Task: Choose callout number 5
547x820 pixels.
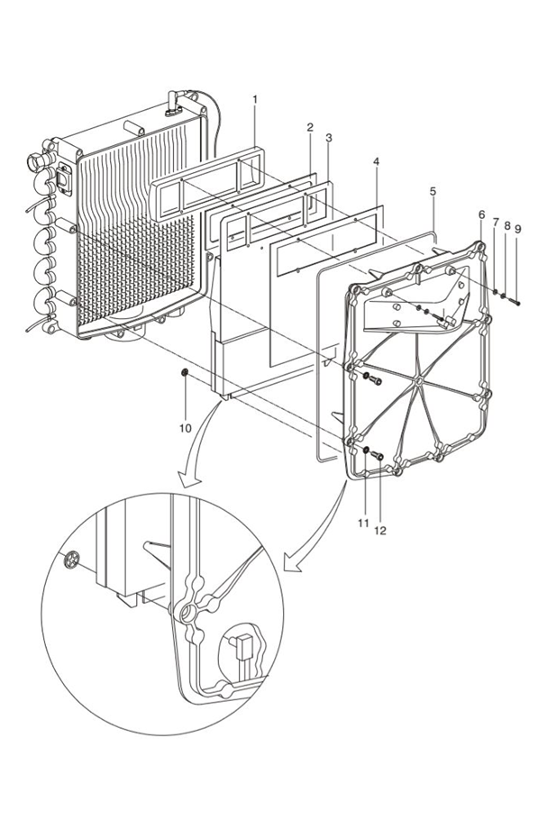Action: click(x=433, y=192)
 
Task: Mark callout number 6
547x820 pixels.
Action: click(x=481, y=215)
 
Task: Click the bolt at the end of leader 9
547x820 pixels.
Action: click(x=518, y=301)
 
